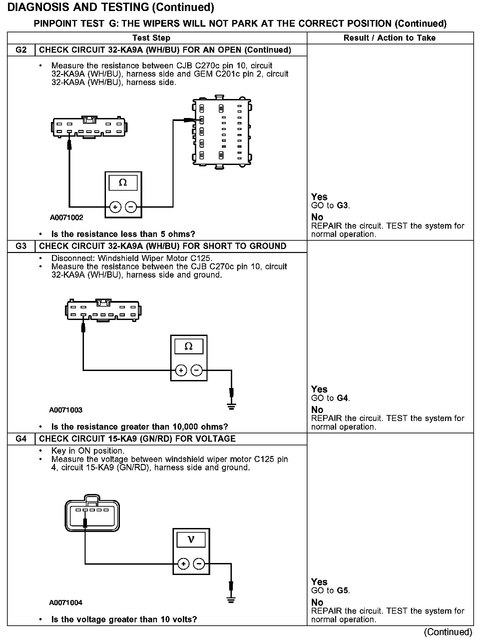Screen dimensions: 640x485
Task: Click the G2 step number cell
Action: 21,50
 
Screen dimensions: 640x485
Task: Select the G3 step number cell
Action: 21,246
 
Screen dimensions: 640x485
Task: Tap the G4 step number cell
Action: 21,439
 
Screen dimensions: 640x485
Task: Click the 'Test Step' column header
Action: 151,38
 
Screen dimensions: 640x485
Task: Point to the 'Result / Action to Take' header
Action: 389,38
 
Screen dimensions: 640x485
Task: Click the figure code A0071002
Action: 67,218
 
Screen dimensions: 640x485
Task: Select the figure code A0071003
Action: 66,410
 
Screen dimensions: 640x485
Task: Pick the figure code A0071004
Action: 66,603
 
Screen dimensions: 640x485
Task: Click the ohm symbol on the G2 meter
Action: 123,183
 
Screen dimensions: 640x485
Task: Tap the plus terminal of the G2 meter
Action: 115,207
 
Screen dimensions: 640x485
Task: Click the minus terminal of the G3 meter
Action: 197,370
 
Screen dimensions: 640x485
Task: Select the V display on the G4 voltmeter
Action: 191,539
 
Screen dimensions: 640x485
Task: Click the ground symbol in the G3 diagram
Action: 232,406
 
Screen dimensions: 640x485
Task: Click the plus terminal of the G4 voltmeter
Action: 183,564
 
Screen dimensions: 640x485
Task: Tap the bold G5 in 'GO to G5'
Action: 342,591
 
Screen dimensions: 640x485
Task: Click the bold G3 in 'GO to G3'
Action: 342,206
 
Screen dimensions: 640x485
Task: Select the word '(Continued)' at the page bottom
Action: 448,632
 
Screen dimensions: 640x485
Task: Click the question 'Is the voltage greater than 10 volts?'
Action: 124,620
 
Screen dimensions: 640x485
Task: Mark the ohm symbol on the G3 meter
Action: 189,346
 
